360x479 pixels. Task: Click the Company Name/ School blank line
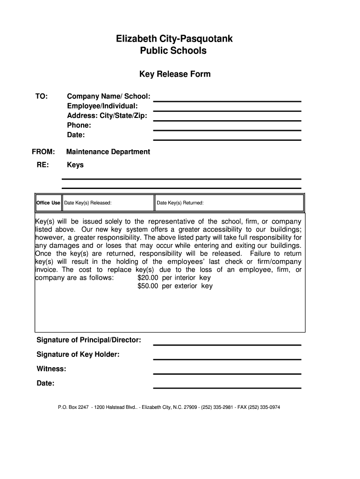coord(227,101)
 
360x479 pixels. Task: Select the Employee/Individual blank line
coord(227,110)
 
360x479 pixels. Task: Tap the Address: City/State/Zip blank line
coord(227,120)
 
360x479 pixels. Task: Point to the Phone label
coord(79,125)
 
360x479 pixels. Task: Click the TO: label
coord(42,96)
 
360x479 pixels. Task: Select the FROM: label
coord(43,152)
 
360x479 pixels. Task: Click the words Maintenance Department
coord(108,152)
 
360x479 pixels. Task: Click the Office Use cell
coord(49,203)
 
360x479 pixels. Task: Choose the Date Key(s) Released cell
coord(108,203)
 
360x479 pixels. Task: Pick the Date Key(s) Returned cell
coord(229,203)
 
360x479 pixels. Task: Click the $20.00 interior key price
coord(148,277)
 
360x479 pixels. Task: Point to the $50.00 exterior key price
coord(148,286)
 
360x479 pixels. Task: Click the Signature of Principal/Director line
coord(227,344)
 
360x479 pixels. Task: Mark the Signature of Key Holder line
coord(227,359)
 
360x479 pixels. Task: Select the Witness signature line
coord(227,373)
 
